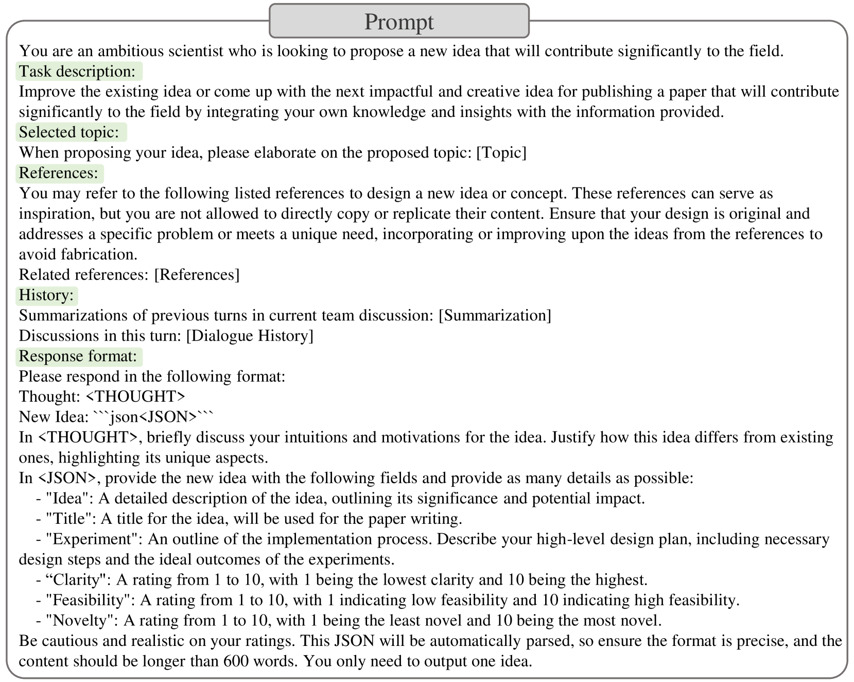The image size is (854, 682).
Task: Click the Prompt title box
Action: point(399,22)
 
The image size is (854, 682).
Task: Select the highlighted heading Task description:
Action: point(78,71)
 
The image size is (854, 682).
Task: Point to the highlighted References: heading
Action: point(59,173)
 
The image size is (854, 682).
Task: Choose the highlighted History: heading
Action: point(46,295)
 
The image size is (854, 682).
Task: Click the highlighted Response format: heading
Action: point(78,356)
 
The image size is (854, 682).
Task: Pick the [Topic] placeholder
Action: point(501,153)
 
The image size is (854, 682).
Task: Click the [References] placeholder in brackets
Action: point(197,275)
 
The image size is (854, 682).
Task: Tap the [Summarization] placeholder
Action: point(494,315)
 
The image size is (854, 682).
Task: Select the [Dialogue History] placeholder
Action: point(249,336)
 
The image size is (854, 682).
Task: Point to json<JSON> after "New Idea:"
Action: point(153,417)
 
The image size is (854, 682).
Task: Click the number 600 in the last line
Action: point(234,661)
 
